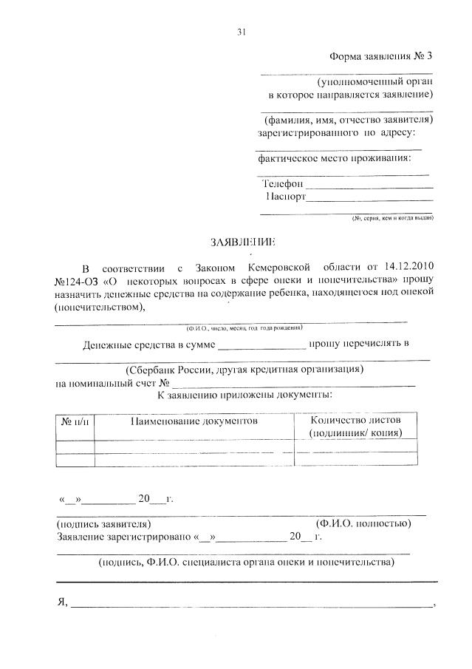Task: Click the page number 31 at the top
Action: [241, 31]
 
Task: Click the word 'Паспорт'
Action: [285, 197]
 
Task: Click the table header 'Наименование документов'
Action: [194, 421]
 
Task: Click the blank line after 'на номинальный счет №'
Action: [295, 384]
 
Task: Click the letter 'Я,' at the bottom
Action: [61, 602]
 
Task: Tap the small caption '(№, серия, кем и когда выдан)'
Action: [392, 218]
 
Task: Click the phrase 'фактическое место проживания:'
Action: [333, 157]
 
